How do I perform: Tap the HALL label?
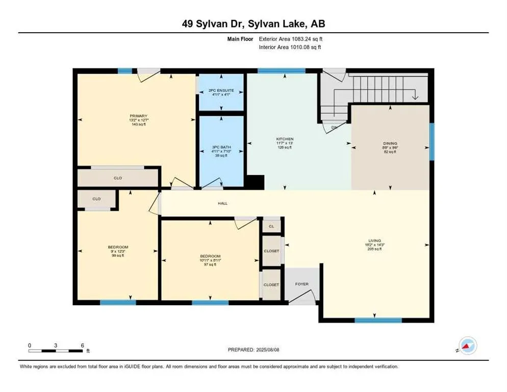222,203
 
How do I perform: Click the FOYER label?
302,284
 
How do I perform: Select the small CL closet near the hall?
271,225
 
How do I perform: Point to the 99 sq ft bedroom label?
118,251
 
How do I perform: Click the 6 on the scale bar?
82,345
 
